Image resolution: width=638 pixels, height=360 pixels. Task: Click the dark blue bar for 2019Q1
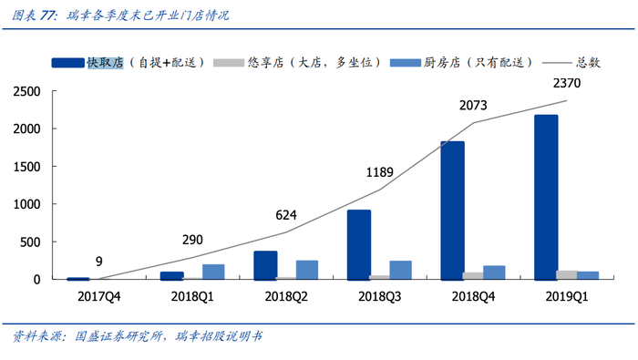coord(546,197)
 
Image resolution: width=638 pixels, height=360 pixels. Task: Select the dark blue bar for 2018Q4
coord(453,211)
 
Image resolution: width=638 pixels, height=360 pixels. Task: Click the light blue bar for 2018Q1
coord(213,272)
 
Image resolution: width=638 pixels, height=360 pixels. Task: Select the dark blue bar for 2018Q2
coord(265,265)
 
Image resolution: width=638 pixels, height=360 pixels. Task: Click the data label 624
coord(287,216)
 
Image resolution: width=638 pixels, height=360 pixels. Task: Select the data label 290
coord(193,240)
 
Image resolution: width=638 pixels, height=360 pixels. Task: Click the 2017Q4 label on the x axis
coord(100,296)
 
